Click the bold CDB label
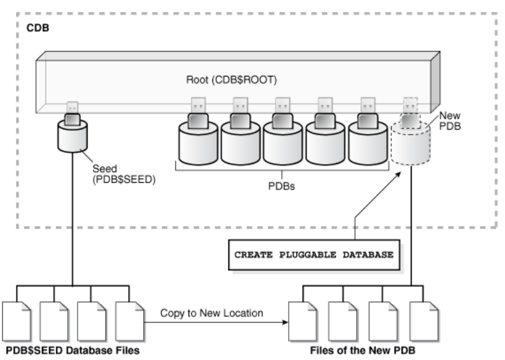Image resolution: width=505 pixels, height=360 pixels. (x=38, y=28)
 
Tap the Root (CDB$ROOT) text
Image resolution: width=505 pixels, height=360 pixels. (x=232, y=80)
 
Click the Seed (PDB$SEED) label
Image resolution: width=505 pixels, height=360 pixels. (x=124, y=174)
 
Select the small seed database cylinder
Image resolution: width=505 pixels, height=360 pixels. (x=72, y=136)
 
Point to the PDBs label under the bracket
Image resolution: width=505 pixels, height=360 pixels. (x=281, y=186)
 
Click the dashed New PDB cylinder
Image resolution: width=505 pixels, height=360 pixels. (x=411, y=144)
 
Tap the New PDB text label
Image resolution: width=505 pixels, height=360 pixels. (x=450, y=121)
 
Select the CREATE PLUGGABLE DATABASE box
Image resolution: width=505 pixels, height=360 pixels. (x=314, y=255)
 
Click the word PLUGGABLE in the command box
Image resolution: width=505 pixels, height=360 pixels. (x=307, y=255)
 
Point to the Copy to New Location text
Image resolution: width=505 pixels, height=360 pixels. (x=212, y=313)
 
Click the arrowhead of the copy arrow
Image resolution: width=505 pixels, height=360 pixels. (x=285, y=322)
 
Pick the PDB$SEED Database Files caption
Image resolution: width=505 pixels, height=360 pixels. (x=73, y=350)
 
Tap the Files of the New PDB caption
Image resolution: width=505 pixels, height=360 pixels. (x=362, y=350)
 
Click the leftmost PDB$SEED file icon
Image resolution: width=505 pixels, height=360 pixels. (x=17, y=321)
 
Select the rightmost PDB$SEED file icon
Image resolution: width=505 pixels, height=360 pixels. (x=129, y=321)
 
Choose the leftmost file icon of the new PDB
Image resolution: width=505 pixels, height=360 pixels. (x=303, y=321)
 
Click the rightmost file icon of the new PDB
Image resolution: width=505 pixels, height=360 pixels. (x=424, y=321)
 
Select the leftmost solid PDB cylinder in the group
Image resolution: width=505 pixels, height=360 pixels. (x=198, y=143)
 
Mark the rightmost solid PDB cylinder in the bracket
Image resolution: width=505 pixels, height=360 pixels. (x=368, y=143)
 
